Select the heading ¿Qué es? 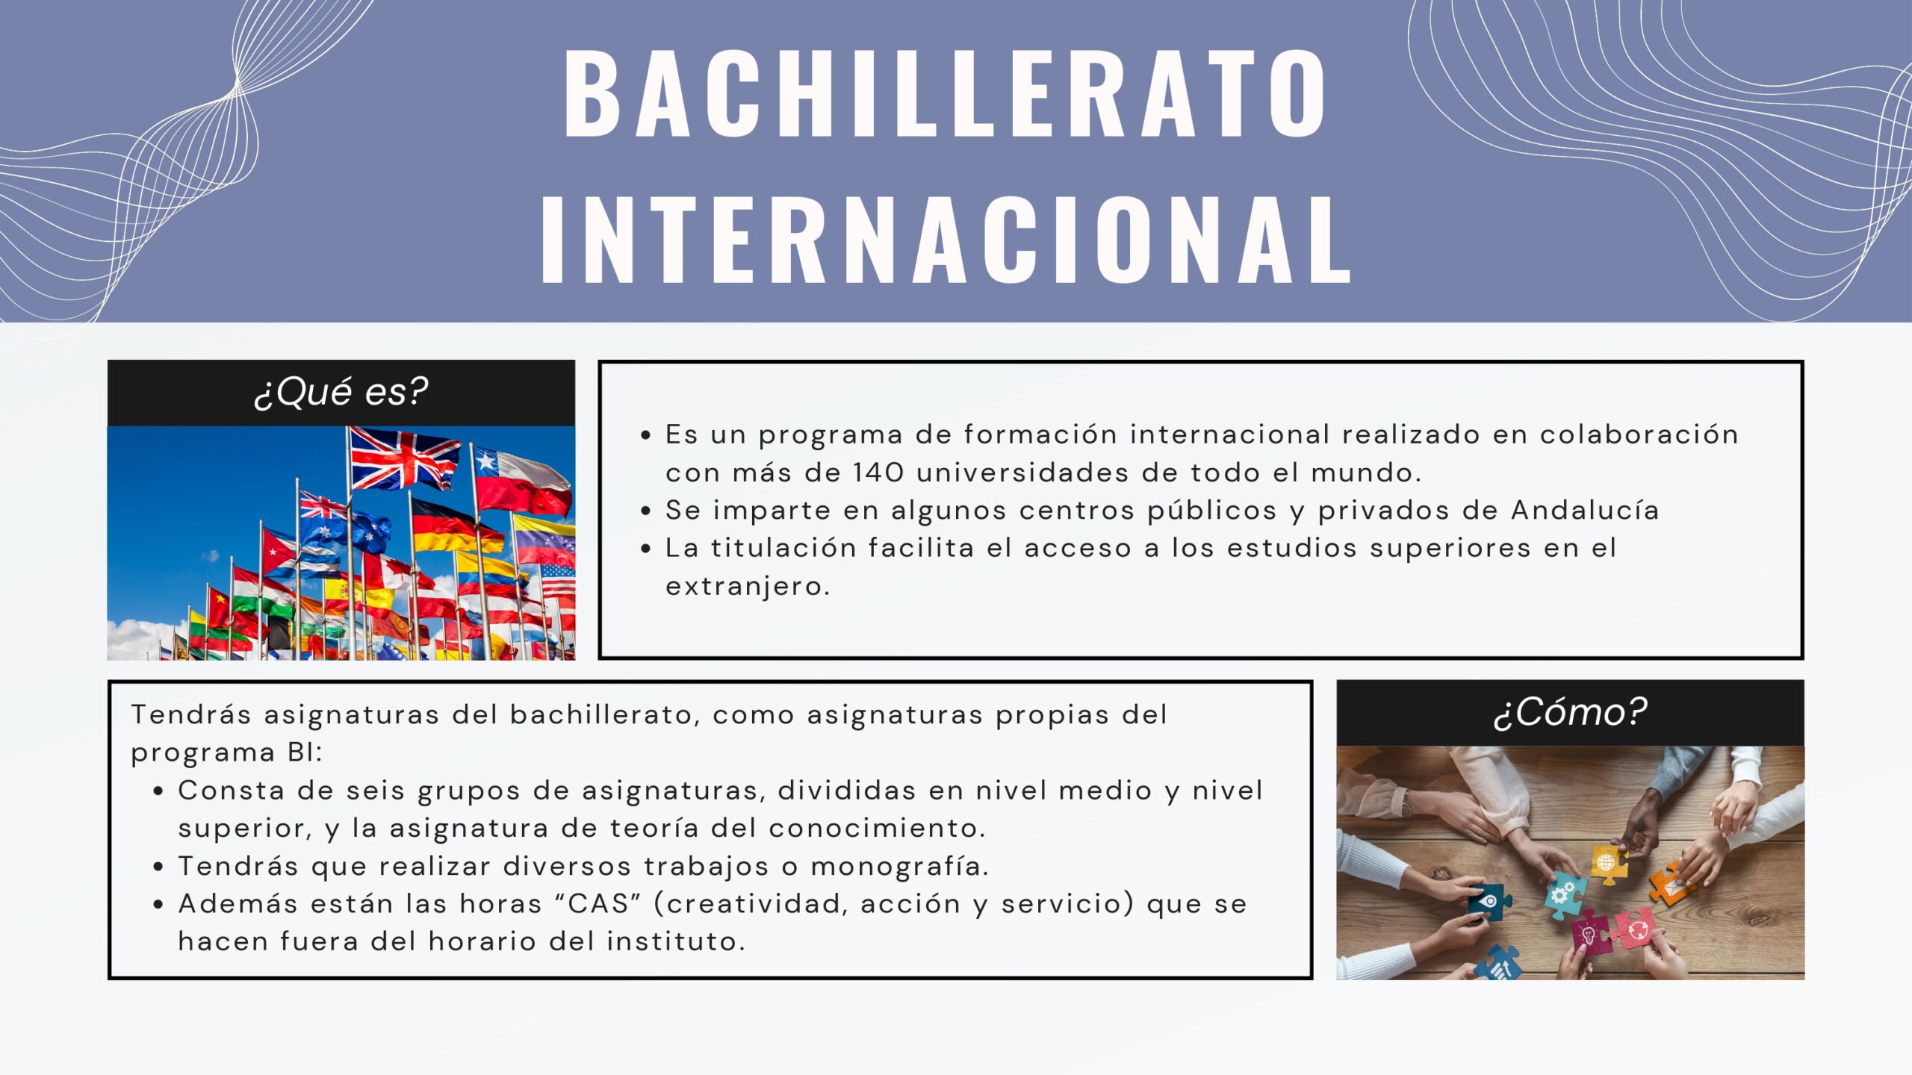[x=341, y=391]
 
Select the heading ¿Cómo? [x=1570, y=711]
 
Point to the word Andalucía [x=1585, y=510]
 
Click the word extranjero [x=748, y=587]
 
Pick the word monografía [x=900, y=867]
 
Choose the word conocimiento [x=877, y=828]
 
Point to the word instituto [x=675, y=941]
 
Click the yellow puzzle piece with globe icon [x=1608, y=864]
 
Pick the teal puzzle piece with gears [x=1564, y=894]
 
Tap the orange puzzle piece [x=1672, y=884]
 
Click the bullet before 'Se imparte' [x=646, y=511]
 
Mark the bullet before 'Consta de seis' [x=158, y=791]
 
